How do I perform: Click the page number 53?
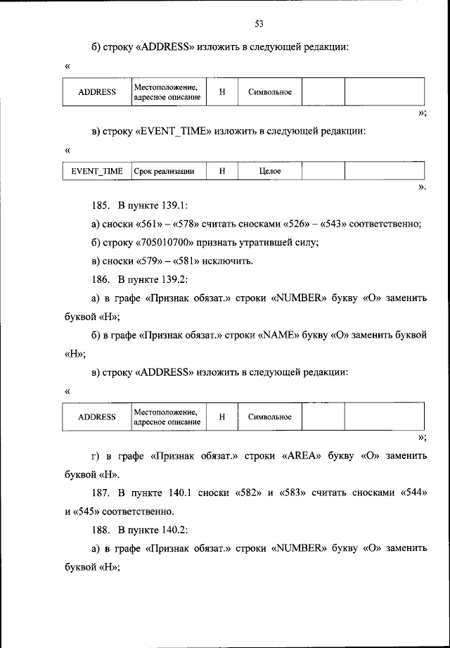click(259, 25)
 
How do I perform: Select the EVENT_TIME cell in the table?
click(97, 171)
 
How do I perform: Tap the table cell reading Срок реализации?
click(164, 171)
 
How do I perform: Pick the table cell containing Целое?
click(270, 171)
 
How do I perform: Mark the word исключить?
click(229, 261)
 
